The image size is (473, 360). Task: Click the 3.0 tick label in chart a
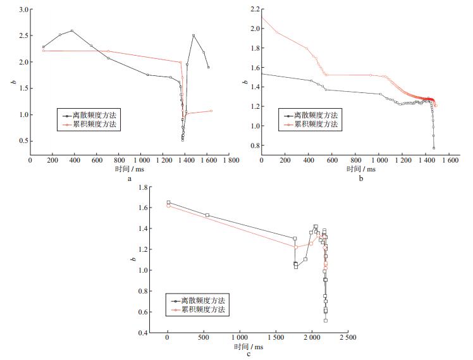[23, 9]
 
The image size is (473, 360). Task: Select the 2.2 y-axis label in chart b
[255, 9]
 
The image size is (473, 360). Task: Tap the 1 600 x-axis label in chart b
[450, 160]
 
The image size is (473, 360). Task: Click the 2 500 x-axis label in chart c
[348, 337]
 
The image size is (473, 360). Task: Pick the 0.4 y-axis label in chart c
[143, 333]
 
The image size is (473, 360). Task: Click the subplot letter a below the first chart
[130, 179]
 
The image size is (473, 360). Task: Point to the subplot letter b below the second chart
[361, 178]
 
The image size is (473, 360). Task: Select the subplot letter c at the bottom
[249, 354]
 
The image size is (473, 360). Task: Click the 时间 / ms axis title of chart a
[130, 169]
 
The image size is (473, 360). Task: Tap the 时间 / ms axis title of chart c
[249, 347]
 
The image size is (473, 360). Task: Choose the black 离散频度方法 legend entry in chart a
[89, 115]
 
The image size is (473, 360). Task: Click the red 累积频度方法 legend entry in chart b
[310, 124]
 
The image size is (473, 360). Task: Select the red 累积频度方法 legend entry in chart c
[198, 309]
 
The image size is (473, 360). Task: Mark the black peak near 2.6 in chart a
[72, 31]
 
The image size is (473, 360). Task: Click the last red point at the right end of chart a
[211, 111]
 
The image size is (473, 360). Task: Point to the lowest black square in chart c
[326, 321]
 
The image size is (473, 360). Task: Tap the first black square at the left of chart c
[168, 202]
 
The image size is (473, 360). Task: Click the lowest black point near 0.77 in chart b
[434, 148]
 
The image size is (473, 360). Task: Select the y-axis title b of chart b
[245, 82]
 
